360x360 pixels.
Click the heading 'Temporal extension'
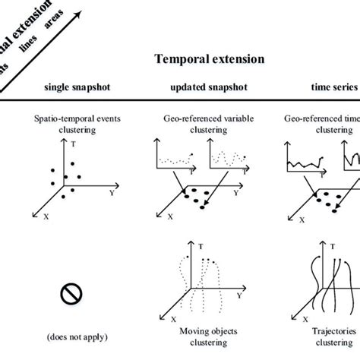[209, 58]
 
